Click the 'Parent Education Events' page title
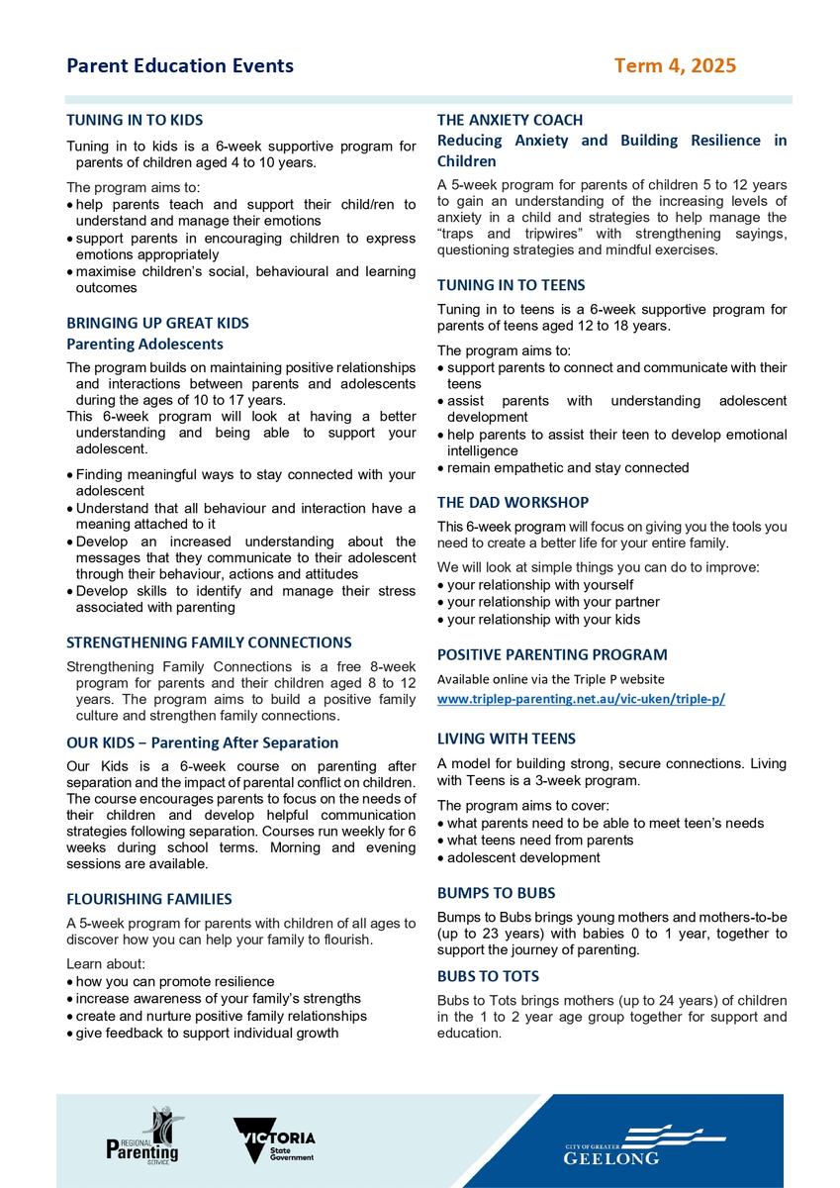click(180, 66)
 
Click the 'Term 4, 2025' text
click(675, 66)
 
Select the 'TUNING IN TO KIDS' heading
click(135, 120)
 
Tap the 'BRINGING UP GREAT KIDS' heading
click(157, 323)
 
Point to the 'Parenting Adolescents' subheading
click(144, 344)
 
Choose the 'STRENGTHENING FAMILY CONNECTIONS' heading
click(209, 643)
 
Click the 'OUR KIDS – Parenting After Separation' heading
click(202, 742)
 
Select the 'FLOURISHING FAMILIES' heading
click(149, 899)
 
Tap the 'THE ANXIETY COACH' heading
click(511, 120)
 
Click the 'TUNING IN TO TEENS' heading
click(512, 285)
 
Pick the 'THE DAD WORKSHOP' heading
click(513, 502)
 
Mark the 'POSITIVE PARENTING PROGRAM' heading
click(552, 654)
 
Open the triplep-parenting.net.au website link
click(581, 698)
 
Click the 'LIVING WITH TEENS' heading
click(507, 739)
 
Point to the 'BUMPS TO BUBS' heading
click(497, 892)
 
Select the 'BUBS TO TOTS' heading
click(491, 976)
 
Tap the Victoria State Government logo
click(275, 1141)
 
